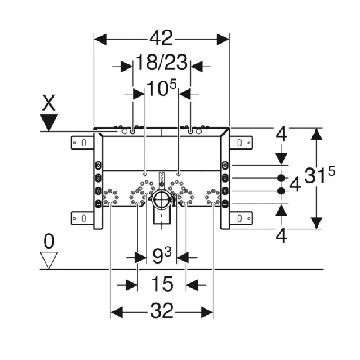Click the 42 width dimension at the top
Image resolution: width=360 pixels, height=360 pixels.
161,38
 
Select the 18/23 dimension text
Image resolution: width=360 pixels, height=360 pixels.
162,62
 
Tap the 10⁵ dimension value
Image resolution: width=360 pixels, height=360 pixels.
162,88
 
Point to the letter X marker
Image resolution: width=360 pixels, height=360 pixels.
49,103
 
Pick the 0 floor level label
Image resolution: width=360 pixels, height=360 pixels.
49,241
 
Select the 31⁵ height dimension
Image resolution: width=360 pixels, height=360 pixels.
319,175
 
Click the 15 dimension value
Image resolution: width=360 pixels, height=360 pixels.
162,284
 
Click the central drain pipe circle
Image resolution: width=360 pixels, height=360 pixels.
162,199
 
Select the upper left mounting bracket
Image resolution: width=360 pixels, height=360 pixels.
82,143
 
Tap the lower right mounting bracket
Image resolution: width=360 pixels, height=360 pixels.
241,218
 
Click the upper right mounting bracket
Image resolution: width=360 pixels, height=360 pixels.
241,143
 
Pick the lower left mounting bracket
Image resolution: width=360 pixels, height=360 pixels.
82,218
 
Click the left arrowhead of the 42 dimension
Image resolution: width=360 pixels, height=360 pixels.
100,39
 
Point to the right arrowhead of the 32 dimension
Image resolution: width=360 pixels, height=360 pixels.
207,312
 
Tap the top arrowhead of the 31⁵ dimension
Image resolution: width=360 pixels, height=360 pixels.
317,134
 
